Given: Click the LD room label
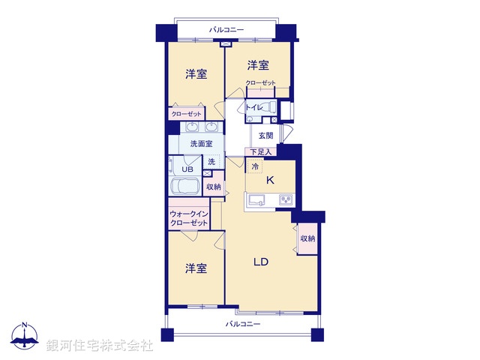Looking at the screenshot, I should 261,262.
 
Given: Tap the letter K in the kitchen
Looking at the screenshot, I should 270,180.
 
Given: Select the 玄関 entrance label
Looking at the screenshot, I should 265,136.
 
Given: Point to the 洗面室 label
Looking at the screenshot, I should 200,143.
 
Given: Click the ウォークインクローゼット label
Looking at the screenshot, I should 188,218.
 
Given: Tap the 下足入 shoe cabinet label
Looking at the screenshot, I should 261,151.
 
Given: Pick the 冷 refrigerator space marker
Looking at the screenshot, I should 255,166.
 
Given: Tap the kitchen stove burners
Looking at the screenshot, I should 285,199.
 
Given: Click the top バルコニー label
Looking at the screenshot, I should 226,29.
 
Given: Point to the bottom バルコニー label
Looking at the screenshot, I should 243,324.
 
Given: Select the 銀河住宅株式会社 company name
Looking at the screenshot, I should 99,346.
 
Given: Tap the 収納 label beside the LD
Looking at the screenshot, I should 307,238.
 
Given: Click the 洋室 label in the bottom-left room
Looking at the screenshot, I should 196,268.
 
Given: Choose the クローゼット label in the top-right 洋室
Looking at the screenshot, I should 260,83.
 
